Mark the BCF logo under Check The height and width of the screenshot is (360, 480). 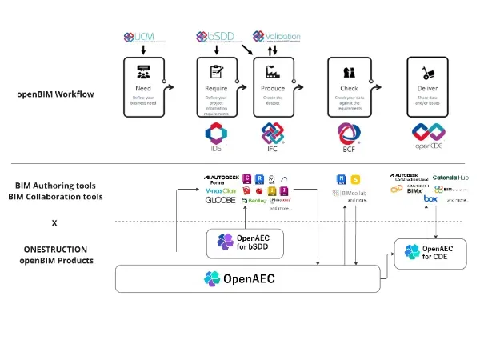pos(350,136)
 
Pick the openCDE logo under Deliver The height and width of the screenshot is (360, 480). pos(429,136)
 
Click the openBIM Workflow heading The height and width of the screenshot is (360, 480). pos(55,94)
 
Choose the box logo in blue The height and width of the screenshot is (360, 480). pos(430,198)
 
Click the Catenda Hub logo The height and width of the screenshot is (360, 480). pos(452,178)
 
